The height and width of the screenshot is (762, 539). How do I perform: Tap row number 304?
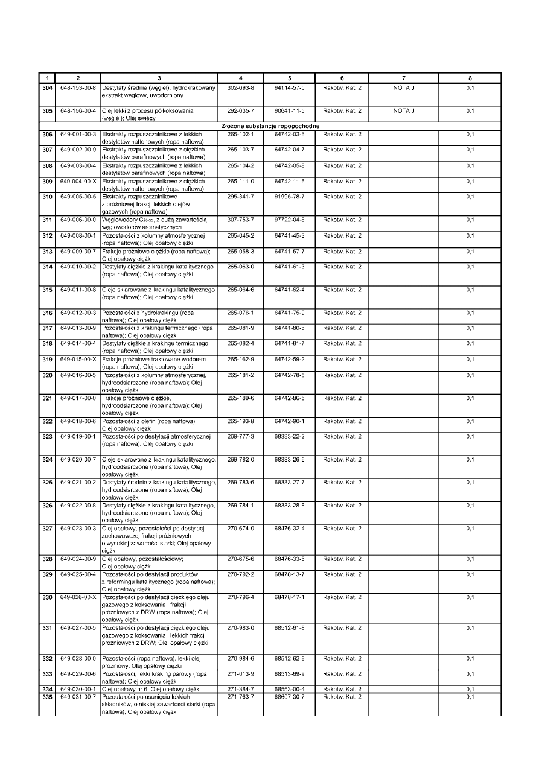pos(47,88)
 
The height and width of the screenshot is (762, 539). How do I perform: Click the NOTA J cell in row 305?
pos(403,111)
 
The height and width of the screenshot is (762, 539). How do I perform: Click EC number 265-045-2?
pos(240,235)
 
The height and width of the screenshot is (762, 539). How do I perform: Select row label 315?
pos(47,290)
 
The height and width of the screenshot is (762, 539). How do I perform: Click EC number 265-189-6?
pos(240,398)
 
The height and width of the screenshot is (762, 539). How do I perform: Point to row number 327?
pos(47,529)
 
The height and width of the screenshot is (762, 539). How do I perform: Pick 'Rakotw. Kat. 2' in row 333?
pos(342,674)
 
